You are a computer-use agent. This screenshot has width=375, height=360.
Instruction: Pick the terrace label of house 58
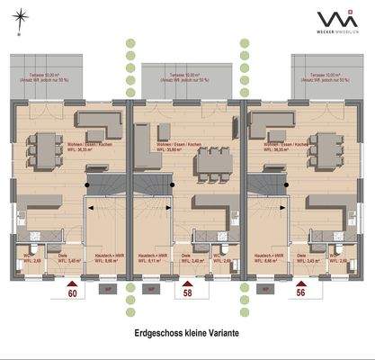pyautogui.click(x=187, y=76)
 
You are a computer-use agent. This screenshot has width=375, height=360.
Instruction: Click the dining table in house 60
pyautogui.click(x=44, y=146)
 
